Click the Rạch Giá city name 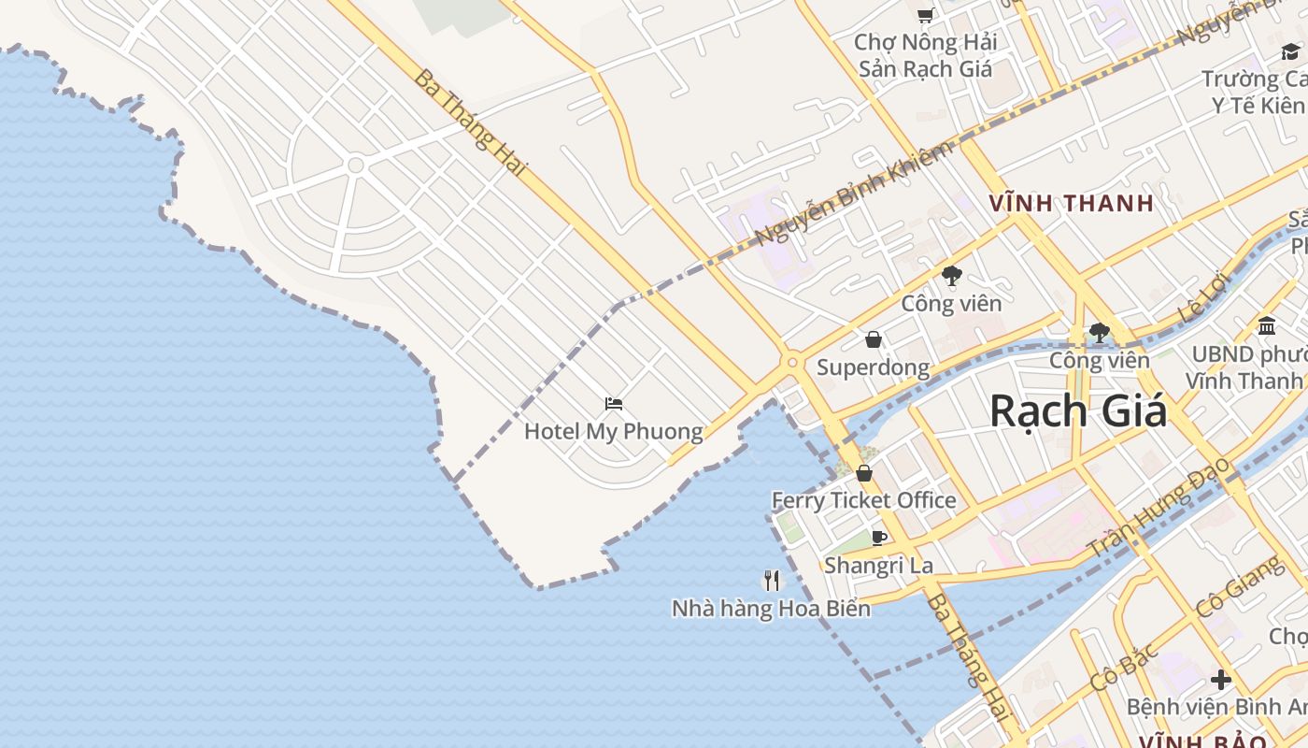click(1077, 410)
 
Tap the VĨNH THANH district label click(1072, 203)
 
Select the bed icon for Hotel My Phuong click(614, 404)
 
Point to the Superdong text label click(874, 367)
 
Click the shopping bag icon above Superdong click(874, 338)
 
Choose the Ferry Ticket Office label click(863, 500)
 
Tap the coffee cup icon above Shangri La click(878, 538)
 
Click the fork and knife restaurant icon click(772, 581)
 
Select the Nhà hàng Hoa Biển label click(771, 609)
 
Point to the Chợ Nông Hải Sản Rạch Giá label click(925, 55)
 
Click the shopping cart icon click(925, 15)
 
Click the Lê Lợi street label click(1202, 299)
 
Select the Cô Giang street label click(1239, 586)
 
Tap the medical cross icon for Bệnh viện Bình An click(1220, 680)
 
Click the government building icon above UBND click(1267, 325)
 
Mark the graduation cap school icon click(1290, 51)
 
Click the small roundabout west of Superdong click(792, 362)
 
